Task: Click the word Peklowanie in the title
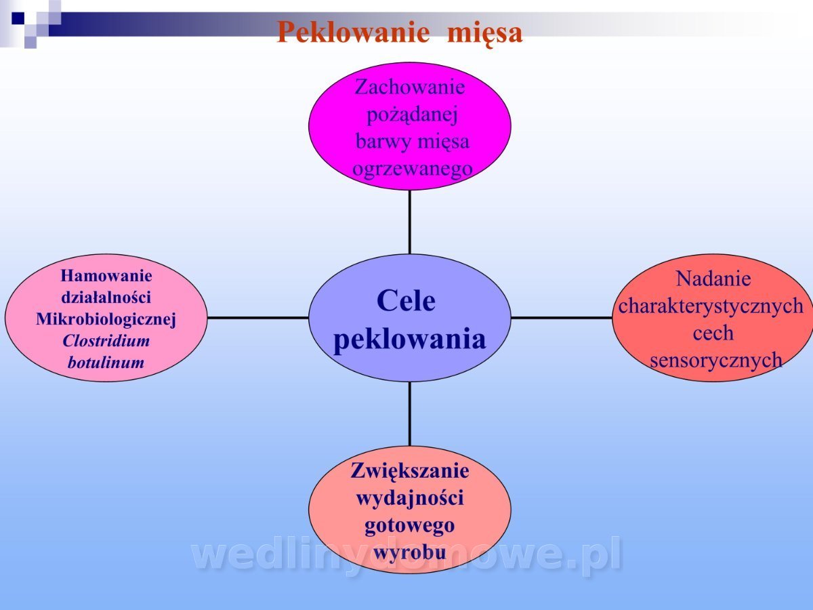[x=354, y=33]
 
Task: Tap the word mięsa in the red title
[x=485, y=34]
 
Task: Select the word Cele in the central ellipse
[x=406, y=301]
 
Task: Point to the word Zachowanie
[x=410, y=87]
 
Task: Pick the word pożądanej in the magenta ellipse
[x=412, y=115]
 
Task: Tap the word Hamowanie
[x=106, y=276]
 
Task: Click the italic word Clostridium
[x=106, y=341]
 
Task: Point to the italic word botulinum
[x=106, y=362]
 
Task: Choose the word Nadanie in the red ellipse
[x=713, y=279]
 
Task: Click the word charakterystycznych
[x=711, y=306]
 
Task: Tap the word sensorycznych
[x=716, y=361]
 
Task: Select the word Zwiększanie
[x=410, y=472]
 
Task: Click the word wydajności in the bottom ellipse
[x=410, y=498]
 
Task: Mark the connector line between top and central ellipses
[x=410, y=222]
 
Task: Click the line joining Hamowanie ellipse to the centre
[x=258, y=318]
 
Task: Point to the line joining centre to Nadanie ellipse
[x=562, y=318]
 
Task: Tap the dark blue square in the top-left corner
[x=18, y=18]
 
